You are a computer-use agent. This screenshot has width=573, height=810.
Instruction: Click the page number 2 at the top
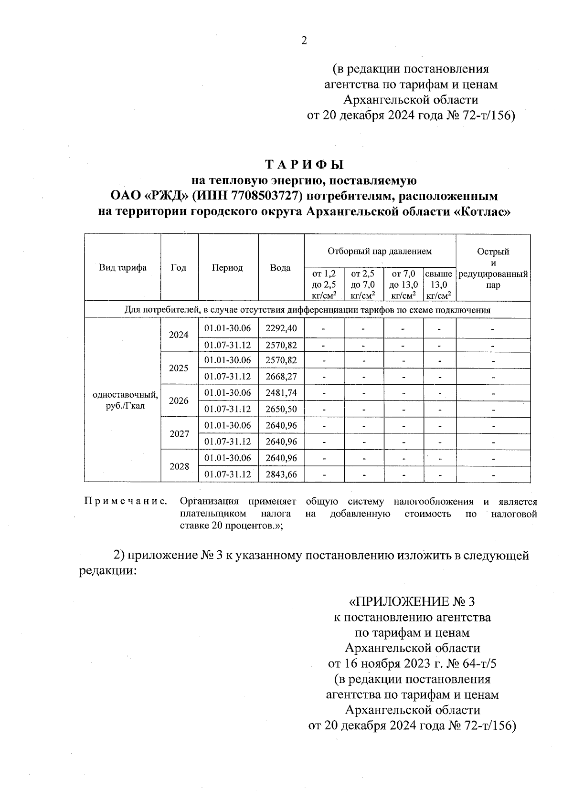tap(304, 41)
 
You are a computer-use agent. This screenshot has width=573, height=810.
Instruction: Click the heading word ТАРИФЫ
tap(304, 165)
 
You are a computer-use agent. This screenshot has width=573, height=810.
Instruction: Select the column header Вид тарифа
tap(123, 268)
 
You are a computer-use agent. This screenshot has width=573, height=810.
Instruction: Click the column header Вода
tap(280, 268)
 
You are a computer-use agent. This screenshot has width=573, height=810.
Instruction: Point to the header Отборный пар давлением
tap(380, 251)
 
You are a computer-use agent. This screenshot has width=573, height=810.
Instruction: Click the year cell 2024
tap(179, 335)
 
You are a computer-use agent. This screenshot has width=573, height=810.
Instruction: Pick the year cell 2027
tap(179, 434)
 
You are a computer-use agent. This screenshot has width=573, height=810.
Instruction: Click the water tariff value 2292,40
tap(281, 328)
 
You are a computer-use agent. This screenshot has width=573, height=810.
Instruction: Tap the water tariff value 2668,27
tap(281, 377)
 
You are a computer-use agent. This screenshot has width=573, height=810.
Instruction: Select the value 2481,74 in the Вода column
tap(281, 393)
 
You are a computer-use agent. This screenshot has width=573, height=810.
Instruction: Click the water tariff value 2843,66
tap(281, 474)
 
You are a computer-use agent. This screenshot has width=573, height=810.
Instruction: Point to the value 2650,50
tap(281, 410)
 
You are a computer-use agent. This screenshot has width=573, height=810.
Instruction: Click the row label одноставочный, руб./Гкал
tap(125, 400)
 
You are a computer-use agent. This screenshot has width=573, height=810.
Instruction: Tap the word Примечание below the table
tap(126, 502)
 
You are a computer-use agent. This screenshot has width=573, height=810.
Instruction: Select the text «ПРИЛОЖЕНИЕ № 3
tap(412, 601)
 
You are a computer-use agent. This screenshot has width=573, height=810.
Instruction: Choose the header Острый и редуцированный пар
tap(493, 268)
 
